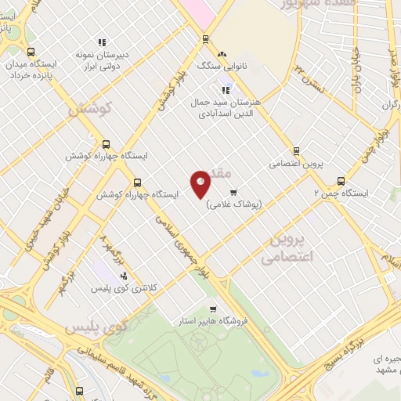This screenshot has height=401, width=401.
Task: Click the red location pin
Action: tap(201, 184)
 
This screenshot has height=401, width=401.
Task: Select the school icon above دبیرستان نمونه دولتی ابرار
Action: tap(101, 42)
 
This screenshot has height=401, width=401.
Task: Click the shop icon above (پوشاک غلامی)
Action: tap(233, 192)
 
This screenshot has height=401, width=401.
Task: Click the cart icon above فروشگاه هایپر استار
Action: tap(213, 308)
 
